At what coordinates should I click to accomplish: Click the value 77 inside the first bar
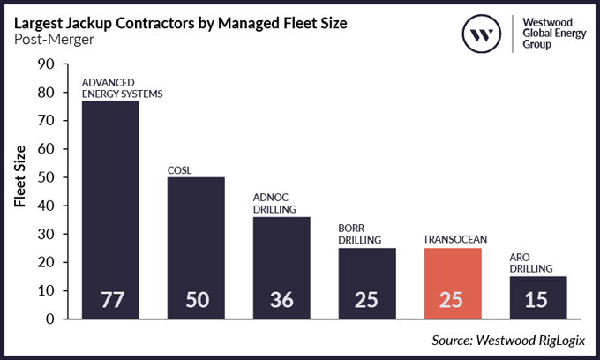(110, 300)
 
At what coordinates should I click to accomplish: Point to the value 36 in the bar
(281, 300)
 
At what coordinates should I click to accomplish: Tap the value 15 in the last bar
(537, 300)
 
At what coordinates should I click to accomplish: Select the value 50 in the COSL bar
(196, 300)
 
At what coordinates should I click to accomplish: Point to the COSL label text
(180, 169)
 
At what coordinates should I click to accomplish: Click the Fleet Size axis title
(19, 178)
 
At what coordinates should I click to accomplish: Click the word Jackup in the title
(96, 20)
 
